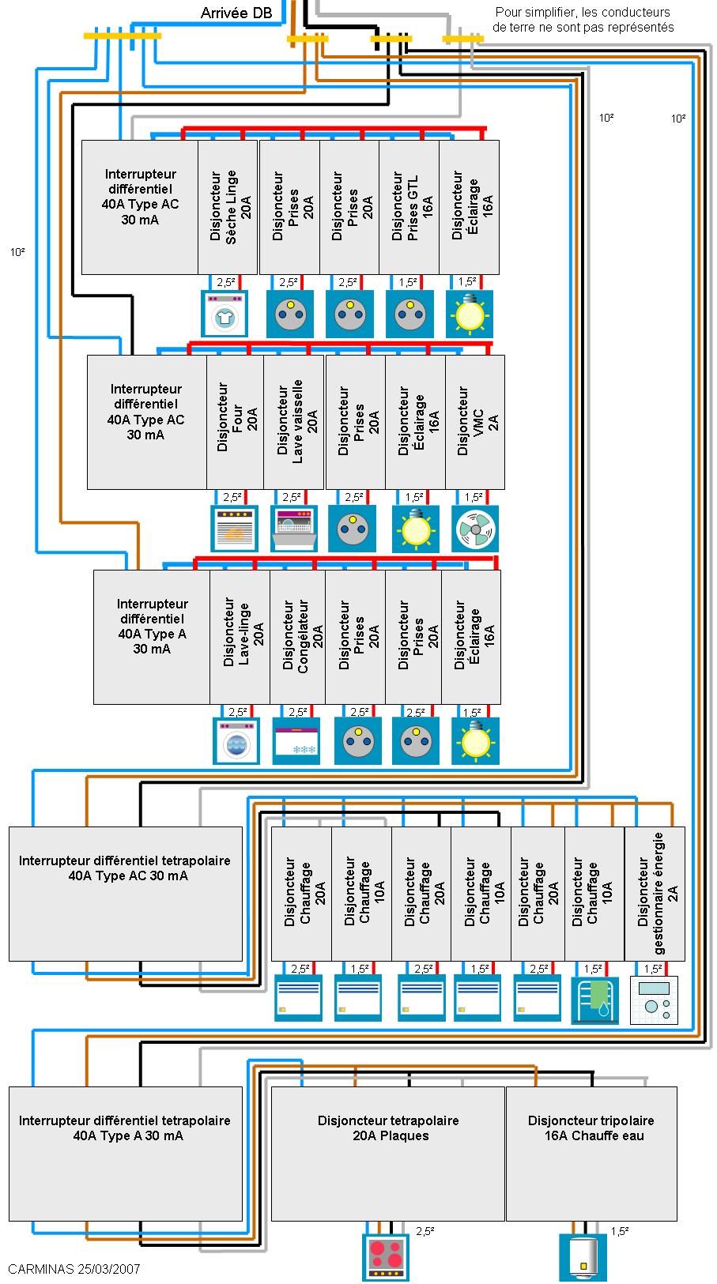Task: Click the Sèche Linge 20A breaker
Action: tap(228, 207)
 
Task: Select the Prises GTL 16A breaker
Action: tap(409, 207)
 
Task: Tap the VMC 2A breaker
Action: tap(475, 421)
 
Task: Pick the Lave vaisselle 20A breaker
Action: tap(294, 421)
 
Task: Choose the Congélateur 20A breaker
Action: tap(297, 636)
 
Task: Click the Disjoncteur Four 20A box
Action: tap(236, 421)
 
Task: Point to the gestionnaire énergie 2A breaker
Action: tap(655, 893)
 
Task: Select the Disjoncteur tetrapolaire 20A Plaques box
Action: tap(388, 1153)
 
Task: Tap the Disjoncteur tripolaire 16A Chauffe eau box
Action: tap(591, 1153)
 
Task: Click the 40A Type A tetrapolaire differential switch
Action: tap(126, 1153)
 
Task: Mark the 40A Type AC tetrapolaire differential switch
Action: tap(126, 893)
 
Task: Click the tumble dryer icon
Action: tap(225, 314)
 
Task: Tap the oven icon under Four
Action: tap(235, 529)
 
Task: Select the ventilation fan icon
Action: tap(475, 529)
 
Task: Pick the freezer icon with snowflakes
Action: tap(296, 741)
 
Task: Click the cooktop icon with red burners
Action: tap(386, 1256)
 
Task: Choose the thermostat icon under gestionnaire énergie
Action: tap(654, 1000)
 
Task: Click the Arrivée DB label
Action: tap(236, 13)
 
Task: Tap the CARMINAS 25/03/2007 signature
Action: tap(74, 1269)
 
